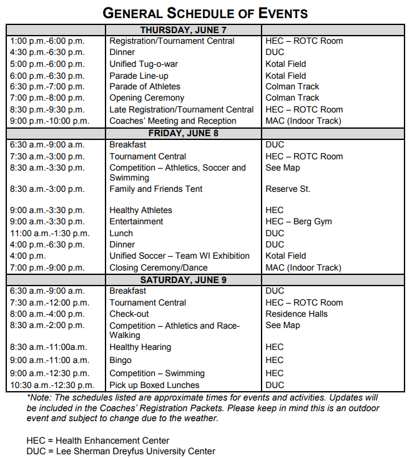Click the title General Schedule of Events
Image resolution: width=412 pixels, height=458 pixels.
click(205, 13)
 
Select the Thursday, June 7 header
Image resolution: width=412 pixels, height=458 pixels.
click(183, 30)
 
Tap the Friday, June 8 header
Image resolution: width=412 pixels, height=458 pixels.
click(183, 133)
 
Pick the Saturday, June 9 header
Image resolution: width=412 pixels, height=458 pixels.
click(183, 279)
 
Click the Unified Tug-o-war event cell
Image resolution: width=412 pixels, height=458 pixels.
click(144, 64)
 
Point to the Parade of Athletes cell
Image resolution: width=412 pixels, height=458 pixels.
click(145, 87)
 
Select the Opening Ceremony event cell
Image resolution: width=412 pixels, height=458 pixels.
click(147, 98)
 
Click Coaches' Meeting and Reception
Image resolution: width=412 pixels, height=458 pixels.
click(173, 121)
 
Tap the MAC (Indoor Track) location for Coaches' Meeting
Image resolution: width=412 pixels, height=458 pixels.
click(303, 121)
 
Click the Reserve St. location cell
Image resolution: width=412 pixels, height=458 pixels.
click(288, 189)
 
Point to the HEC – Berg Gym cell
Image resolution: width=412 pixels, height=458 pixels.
click(298, 221)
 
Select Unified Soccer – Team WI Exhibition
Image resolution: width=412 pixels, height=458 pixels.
click(179, 256)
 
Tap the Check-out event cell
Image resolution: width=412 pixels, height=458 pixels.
click(129, 314)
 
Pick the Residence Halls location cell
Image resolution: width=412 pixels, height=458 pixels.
click(297, 314)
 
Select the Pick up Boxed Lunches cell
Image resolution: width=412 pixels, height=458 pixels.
click(154, 385)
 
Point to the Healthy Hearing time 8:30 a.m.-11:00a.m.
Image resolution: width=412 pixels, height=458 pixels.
click(49, 347)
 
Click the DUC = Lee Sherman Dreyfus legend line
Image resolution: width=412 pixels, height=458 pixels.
click(120, 451)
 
